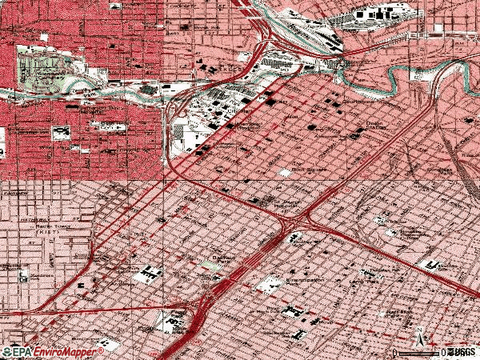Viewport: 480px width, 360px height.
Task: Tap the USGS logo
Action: [462, 352]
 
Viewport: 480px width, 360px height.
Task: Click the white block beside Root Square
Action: [286, 173]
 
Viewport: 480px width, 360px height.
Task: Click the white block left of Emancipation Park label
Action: [266, 283]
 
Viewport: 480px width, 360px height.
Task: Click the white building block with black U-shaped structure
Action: [146, 274]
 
